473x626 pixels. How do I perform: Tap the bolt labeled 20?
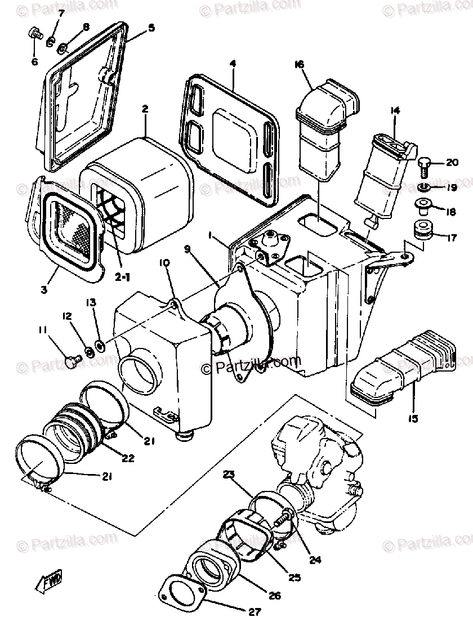[x=424, y=164]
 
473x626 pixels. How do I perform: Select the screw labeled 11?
[x=71, y=361]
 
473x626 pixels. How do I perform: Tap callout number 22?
[x=128, y=458]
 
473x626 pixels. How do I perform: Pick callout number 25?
[x=295, y=577]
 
